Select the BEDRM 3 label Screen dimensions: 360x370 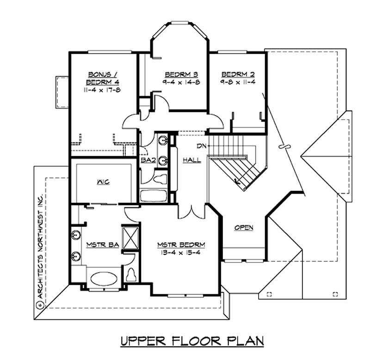click(175, 74)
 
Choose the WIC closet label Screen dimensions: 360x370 click(103, 182)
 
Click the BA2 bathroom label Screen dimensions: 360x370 click(147, 161)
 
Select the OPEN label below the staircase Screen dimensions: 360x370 click(243, 228)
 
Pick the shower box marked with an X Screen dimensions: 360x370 click(130, 238)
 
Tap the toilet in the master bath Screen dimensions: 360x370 click(131, 274)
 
